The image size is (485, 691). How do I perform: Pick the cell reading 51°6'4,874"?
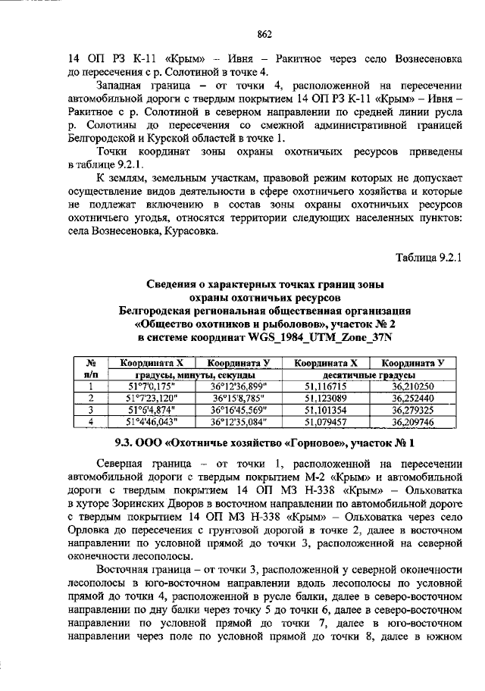pos(151,409)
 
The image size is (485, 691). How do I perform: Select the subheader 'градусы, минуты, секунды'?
pos(195,374)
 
